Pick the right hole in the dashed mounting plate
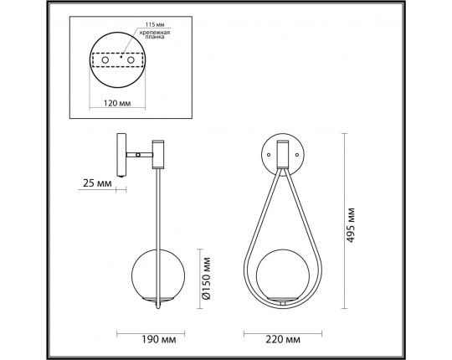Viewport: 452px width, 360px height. [x=131, y=61]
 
